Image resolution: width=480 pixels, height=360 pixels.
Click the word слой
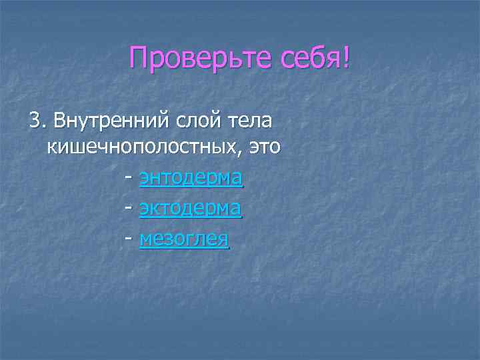(x=195, y=121)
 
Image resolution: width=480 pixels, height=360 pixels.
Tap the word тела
(x=248, y=121)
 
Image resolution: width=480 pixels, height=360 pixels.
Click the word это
(x=264, y=147)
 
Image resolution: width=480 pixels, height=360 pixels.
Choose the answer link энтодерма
(x=191, y=178)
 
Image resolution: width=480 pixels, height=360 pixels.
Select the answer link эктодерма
(x=191, y=209)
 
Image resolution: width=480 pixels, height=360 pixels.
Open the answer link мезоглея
(x=184, y=239)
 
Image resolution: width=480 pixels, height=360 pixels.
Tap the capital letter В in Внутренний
(x=59, y=121)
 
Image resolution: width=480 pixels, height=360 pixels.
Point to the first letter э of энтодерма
(x=145, y=179)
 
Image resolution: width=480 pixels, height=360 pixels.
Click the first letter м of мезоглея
(x=146, y=239)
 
